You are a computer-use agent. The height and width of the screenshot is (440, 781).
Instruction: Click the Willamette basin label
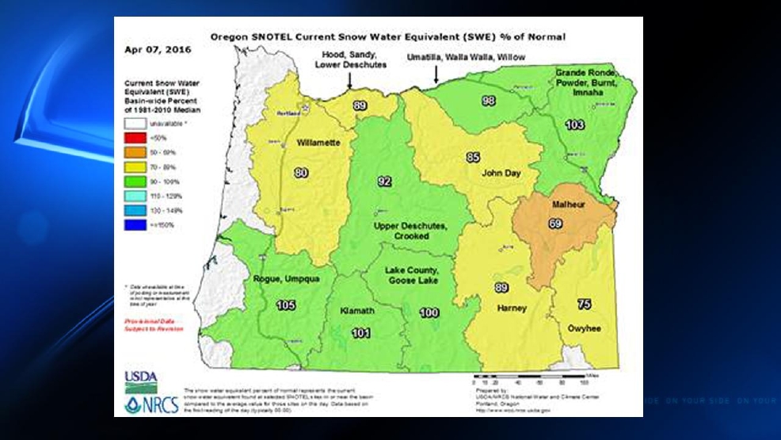pyautogui.click(x=318, y=144)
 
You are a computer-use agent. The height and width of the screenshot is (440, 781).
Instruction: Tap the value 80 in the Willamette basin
pyautogui.click(x=300, y=172)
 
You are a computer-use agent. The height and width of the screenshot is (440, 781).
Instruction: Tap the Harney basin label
pyautogui.click(x=511, y=308)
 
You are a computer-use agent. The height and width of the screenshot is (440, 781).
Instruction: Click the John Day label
pyautogui.click(x=498, y=171)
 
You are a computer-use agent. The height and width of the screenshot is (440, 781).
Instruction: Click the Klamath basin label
pyautogui.click(x=356, y=310)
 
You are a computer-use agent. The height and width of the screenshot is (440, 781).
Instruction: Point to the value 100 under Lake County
pyautogui.click(x=429, y=313)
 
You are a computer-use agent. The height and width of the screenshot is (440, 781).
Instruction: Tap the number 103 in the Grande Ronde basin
pyautogui.click(x=575, y=125)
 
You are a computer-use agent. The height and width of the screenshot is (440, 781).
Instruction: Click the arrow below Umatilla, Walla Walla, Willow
pyautogui.click(x=436, y=75)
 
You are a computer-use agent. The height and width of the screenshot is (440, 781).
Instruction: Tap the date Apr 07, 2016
pyautogui.click(x=147, y=49)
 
